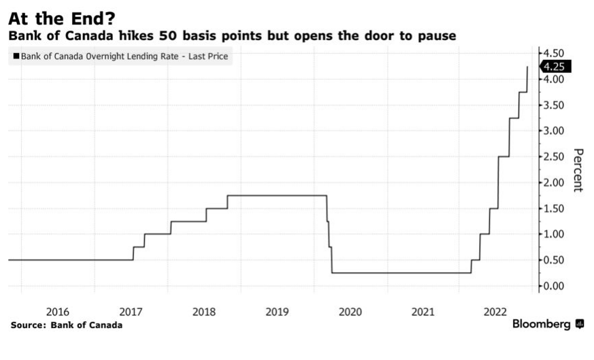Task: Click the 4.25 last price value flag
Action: pos(556,67)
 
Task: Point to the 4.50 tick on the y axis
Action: pos(553,53)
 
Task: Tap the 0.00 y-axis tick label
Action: pos(553,286)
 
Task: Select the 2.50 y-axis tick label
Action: pos(553,157)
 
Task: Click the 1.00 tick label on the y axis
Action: pos(553,234)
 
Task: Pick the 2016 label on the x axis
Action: pos(57,312)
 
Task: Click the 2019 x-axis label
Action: pos(277,312)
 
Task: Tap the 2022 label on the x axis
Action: pos(496,312)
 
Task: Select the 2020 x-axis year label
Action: pos(350,312)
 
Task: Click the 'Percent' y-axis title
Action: pos(578,169)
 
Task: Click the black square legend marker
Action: pos(16,56)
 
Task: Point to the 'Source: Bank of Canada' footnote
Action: pos(67,325)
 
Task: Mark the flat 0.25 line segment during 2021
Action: pos(422,273)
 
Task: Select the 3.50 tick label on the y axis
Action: pos(553,105)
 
